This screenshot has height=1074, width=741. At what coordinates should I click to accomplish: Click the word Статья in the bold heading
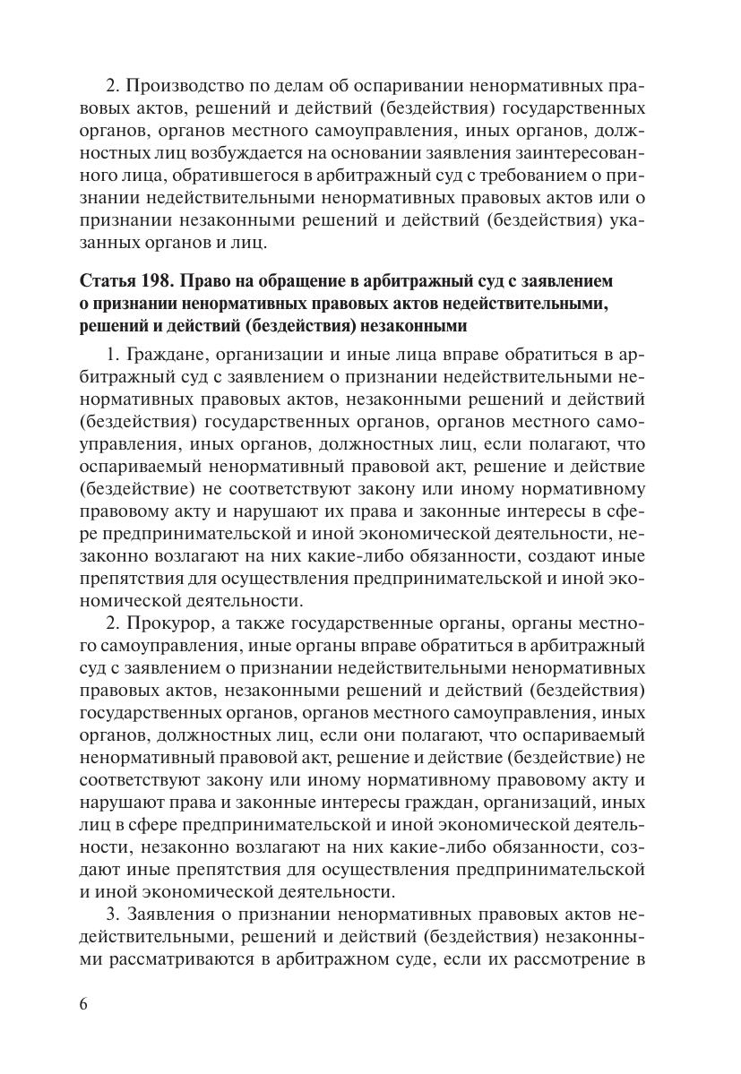109,281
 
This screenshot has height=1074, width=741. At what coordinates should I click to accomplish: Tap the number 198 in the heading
165,281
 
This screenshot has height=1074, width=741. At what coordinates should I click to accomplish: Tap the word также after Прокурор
256,621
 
